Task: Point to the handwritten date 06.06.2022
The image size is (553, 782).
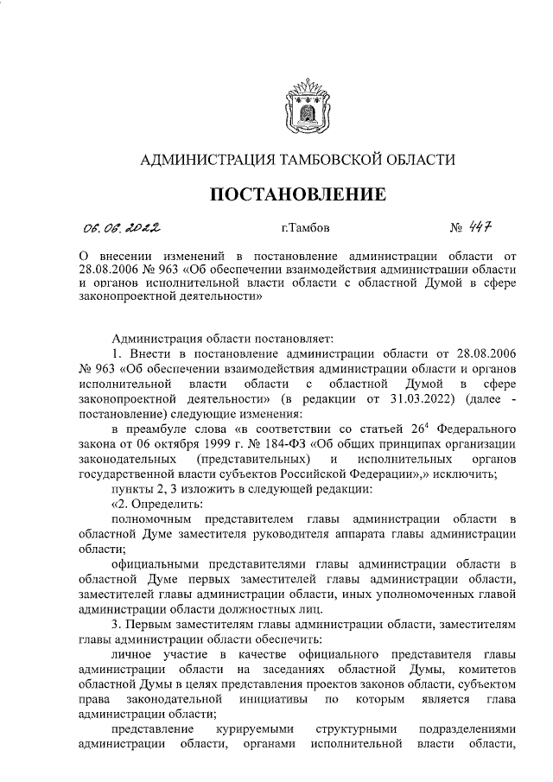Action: point(121,228)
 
